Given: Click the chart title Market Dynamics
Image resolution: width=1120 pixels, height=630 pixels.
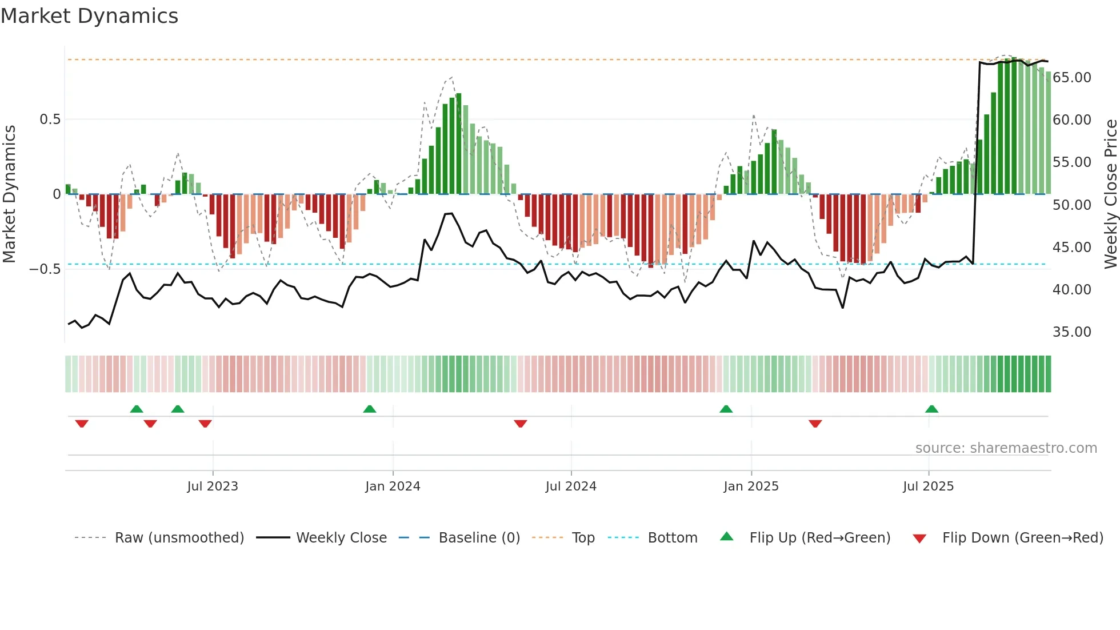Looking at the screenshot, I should (x=90, y=16).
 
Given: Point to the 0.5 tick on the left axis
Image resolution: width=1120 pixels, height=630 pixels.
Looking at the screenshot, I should (x=50, y=119).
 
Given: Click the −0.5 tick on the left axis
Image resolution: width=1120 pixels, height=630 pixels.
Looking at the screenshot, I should (x=45, y=269).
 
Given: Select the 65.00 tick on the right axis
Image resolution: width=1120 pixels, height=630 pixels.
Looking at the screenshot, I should (x=1071, y=78).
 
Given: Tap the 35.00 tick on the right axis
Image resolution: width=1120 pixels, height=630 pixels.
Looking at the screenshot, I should (x=1071, y=332).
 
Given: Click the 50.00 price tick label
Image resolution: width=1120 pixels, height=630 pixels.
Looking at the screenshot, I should (x=1071, y=205).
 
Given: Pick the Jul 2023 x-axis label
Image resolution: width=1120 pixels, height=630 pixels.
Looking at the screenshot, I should (x=213, y=487).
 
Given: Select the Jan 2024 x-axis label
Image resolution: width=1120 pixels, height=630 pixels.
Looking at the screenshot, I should (x=393, y=487).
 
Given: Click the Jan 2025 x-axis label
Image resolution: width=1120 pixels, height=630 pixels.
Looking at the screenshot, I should (x=751, y=487).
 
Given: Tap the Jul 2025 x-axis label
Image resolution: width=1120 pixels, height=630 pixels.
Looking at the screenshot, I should (x=928, y=487).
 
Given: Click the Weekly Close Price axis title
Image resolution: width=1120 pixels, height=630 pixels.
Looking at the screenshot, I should (x=1110, y=194).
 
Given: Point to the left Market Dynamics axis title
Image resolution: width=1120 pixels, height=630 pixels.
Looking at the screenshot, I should (x=10, y=194).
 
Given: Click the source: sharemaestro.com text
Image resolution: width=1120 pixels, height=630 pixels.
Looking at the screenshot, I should (x=1006, y=448).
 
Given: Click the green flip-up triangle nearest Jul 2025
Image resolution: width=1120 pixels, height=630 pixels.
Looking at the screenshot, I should (x=931, y=409).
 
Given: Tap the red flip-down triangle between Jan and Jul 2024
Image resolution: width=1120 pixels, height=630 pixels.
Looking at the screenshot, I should (x=520, y=424).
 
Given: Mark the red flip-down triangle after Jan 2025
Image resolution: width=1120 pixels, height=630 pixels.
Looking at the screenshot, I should (x=815, y=424).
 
